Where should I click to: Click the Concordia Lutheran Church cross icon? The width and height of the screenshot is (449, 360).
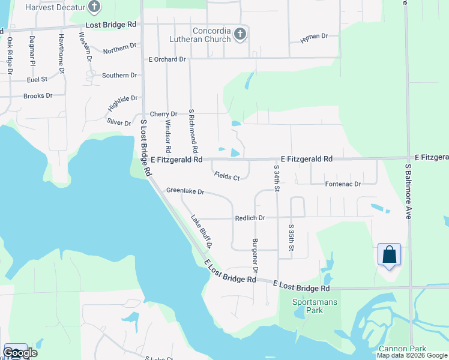click(x=240, y=34)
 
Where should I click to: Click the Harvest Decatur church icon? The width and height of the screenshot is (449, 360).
click(x=94, y=7)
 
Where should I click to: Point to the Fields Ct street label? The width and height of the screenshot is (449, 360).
click(x=227, y=176)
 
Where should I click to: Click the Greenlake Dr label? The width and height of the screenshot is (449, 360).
click(x=185, y=192)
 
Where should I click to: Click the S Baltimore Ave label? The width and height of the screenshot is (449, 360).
click(x=408, y=191)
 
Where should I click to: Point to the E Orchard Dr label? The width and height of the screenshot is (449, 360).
click(x=167, y=59)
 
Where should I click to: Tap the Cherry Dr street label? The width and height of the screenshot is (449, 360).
click(x=163, y=114)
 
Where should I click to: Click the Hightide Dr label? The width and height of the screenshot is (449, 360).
click(x=123, y=103)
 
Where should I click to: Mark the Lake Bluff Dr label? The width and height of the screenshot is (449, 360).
click(x=202, y=232)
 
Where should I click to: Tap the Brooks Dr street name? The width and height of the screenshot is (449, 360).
click(x=38, y=95)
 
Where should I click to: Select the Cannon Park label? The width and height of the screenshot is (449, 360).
click(x=402, y=349)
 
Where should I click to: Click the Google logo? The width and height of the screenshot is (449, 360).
click(x=20, y=353)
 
